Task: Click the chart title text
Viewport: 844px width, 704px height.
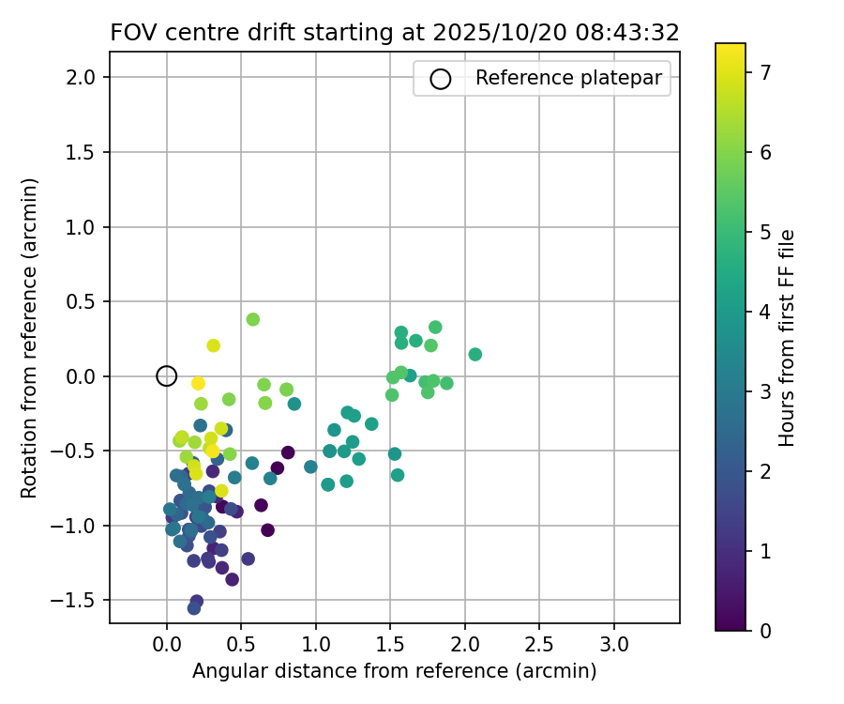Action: [x=394, y=32]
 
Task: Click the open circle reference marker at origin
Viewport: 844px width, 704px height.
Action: [x=167, y=376]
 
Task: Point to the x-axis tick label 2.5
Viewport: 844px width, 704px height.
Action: [x=539, y=647]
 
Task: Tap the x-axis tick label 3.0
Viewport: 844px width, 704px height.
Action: [x=614, y=647]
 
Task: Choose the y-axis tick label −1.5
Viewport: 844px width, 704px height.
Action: [x=76, y=601]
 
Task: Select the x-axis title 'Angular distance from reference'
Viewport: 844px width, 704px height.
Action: [x=394, y=671]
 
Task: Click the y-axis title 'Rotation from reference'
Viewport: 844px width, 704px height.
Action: [x=30, y=338]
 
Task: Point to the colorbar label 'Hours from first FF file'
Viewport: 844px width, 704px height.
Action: [x=788, y=338]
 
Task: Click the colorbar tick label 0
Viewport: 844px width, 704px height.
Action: [x=765, y=631]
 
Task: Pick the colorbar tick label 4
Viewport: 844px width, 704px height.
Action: [x=765, y=312]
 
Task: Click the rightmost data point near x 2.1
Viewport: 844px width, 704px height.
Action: [x=475, y=355]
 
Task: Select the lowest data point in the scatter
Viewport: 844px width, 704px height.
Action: [x=194, y=608]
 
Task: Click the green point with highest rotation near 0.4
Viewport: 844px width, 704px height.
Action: [x=253, y=319]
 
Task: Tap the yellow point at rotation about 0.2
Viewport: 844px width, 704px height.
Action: [x=213, y=345]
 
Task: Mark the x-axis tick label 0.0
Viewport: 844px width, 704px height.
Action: [x=167, y=647]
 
